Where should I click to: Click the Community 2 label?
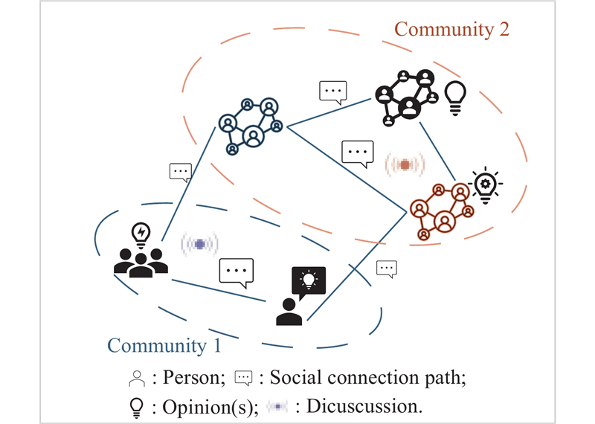(x=451, y=30)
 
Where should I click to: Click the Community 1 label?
(x=164, y=346)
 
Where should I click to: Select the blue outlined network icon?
(x=251, y=126)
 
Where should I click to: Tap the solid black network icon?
(x=406, y=97)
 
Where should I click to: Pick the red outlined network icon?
(x=442, y=211)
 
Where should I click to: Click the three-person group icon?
(x=141, y=263)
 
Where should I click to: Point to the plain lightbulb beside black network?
(x=455, y=98)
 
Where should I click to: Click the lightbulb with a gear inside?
(x=486, y=185)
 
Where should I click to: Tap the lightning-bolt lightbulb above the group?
(x=141, y=234)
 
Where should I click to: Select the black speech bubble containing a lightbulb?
(x=309, y=282)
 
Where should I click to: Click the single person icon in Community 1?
(x=289, y=312)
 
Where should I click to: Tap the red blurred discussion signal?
(x=405, y=164)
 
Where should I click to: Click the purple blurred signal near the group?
(x=200, y=244)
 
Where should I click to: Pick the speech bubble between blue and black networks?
(x=332, y=92)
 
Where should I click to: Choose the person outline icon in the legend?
(x=137, y=379)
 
